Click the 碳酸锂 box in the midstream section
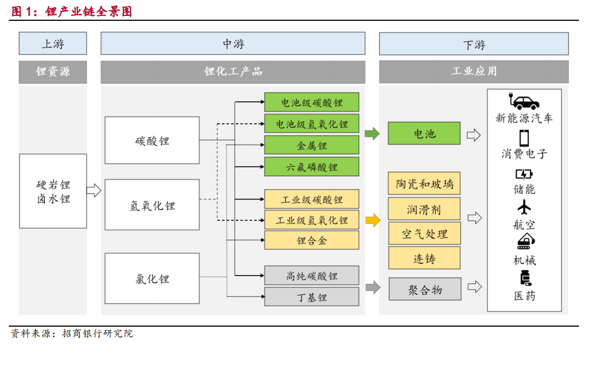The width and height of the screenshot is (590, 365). (x=152, y=140)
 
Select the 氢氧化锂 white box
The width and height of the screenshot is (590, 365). (x=152, y=204)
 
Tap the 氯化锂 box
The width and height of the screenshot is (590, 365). (x=152, y=278)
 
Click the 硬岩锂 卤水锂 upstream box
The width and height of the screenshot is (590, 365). (x=53, y=191)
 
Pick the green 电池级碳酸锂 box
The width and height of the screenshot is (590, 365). (x=311, y=102)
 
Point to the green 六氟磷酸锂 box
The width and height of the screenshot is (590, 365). (x=311, y=167)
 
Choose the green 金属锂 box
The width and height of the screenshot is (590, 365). (x=311, y=145)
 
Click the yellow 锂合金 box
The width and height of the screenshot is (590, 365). (x=311, y=240)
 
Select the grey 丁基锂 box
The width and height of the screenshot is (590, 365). (x=311, y=297)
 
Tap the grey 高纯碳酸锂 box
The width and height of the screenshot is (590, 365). (x=311, y=276)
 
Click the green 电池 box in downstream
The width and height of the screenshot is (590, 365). (x=424, y=133)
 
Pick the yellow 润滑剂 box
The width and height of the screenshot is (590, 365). (x=424, y=209)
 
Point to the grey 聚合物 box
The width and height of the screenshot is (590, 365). (x=425, y=289)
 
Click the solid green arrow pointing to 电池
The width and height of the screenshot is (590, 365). (x=372, y=133)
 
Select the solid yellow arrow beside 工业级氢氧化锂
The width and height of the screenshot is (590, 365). (x=373, y=220)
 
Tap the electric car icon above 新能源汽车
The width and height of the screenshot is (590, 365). (x=524, y=101)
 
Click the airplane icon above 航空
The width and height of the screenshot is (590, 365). (x=524, y=207)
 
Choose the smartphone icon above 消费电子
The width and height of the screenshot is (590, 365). (x=524, y=138)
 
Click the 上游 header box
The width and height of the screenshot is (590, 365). (x=53, y=44)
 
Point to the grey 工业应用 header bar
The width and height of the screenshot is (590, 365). (x=474, y=71)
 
